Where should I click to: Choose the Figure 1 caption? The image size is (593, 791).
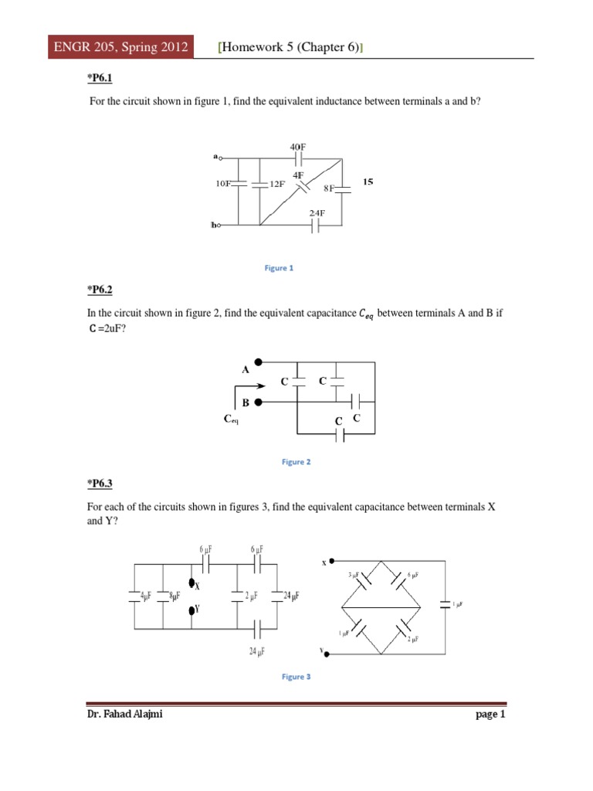click(x=280, y=268)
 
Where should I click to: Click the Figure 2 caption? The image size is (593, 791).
click(x=296, y=462)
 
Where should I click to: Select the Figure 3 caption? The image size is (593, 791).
click(x=296, y=677)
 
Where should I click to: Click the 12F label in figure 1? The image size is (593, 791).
click(x=276, y=185)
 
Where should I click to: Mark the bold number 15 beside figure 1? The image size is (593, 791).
click(x=368, y=182)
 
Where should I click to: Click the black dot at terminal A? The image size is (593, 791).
click(x=260, y=361)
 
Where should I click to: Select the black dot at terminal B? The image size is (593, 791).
click(x=260, y=402)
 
